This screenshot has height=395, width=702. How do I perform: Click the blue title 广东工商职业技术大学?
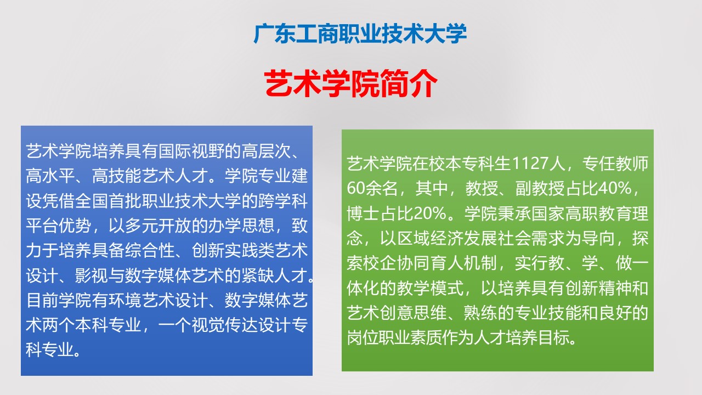pyautogui.click(x=360, y=33)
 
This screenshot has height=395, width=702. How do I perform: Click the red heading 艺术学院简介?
pyautogui.click(x=350, y=84)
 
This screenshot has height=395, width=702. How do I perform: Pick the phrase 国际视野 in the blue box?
pyautogui.click(x=191, y=151)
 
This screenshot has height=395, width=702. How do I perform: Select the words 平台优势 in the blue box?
pyautogui.click(x=59, y=225)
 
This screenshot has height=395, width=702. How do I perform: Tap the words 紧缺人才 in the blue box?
pyautogui.click(x=275, y=275)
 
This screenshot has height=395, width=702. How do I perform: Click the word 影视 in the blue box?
pyautogui.click(x=92, y=275)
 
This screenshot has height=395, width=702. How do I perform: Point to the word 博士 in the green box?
pyautogui.click(x=364, y=213)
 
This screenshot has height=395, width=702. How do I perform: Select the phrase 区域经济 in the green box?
pyautogui.click(x=431, y=238)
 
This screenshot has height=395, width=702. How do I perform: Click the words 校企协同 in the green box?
pyautogui.click(x=397, y=263)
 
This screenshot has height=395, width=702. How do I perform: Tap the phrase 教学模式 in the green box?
pyautogui.click(x=431, y=288)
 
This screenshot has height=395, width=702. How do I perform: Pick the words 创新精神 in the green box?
pyautogui.click(x=598, y=288)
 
